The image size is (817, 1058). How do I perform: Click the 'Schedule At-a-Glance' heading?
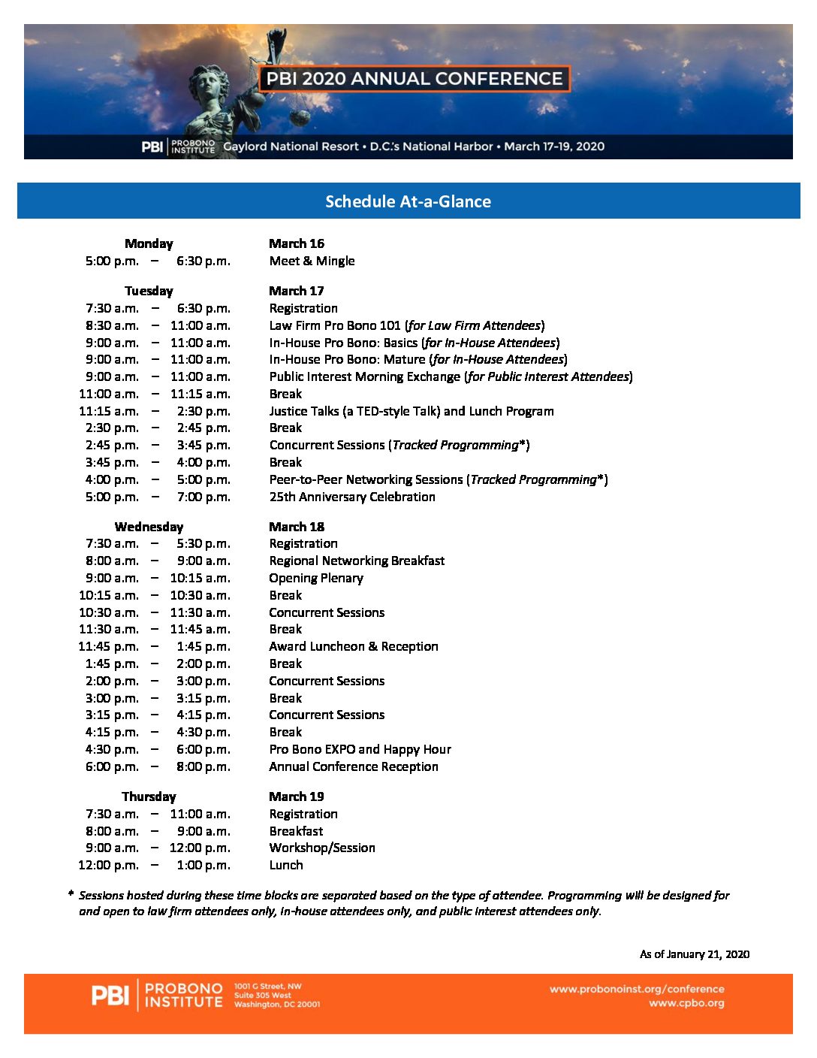click(x=408, y=201)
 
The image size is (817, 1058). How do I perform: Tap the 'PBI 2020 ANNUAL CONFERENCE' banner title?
click(x=414, y=79)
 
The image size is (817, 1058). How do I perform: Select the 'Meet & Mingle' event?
click(x=312, y=261)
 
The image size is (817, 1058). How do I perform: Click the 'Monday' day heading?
click(x=149, y=243)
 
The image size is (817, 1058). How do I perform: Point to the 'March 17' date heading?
click(x=297, y=291)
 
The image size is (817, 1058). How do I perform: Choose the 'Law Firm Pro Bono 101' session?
click(x=335, y=325)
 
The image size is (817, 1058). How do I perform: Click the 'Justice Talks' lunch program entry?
click(x=412, y=411)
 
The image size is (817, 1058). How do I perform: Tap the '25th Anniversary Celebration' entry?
click(x=352, y=497)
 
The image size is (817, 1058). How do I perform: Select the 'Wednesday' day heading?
click(x=149, y=527)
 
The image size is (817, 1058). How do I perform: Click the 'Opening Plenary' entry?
click(x=316, y=578)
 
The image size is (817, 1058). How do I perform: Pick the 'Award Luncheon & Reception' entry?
click(x=354, y=646)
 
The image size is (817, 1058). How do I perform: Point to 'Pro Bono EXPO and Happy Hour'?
click(x=360, y=749)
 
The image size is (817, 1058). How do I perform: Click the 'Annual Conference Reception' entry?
click(x=354, y=766)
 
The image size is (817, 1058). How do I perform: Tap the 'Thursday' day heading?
click(x=149, y=797)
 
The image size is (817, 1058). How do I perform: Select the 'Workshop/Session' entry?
click(x=322, y=848)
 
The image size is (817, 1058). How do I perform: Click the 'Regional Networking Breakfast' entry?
click(x=357, y=561)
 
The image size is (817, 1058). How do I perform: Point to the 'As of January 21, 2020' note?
click(x=695, y=954)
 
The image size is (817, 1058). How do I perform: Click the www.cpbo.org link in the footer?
click(x=686, y=1003)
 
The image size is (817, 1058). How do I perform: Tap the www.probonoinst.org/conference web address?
click(x=637, y=989)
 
